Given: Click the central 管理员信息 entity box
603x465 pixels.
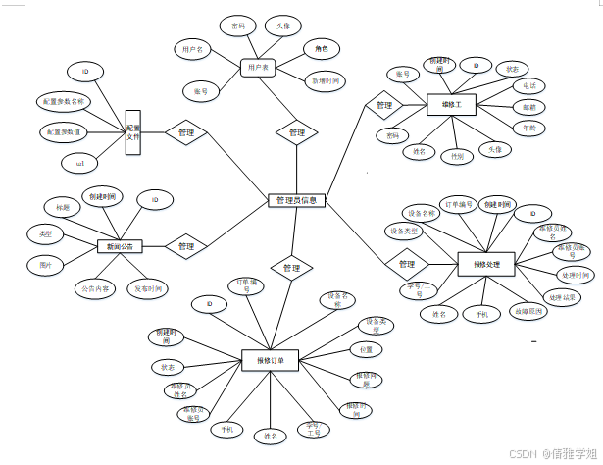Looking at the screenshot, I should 296,200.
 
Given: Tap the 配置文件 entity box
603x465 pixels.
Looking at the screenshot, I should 133,132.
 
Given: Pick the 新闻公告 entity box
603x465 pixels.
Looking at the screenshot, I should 121,246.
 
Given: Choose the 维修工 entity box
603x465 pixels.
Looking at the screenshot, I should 452,103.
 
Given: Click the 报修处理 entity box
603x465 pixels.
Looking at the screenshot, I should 485,264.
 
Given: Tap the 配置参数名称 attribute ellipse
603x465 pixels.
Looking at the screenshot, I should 65,101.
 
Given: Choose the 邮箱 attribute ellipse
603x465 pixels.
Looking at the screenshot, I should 528,107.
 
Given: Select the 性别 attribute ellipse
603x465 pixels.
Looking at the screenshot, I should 456,155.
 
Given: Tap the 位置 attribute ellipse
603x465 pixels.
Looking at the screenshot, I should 365,348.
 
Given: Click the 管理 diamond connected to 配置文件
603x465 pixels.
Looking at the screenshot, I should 185,131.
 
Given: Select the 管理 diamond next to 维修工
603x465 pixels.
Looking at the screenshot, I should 384,105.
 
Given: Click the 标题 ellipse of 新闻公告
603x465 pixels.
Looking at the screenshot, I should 62,208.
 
